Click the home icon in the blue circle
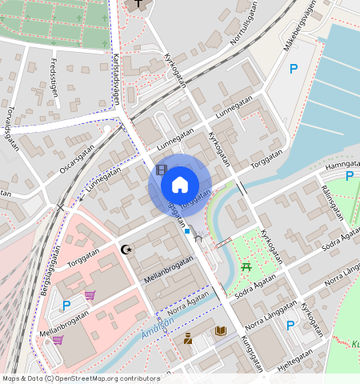point(179,185)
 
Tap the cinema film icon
point(162,169)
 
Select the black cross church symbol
point(140,3)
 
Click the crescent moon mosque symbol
point(125,250)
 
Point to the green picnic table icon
point(247,266)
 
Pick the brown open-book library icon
point(220,330)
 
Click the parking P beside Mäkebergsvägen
point(294,70)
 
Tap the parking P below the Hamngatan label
point(350,176)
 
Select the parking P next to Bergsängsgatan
point(66,305)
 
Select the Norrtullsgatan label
point(246,32)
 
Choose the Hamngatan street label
point(343,166)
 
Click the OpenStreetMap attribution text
point(81,378)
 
